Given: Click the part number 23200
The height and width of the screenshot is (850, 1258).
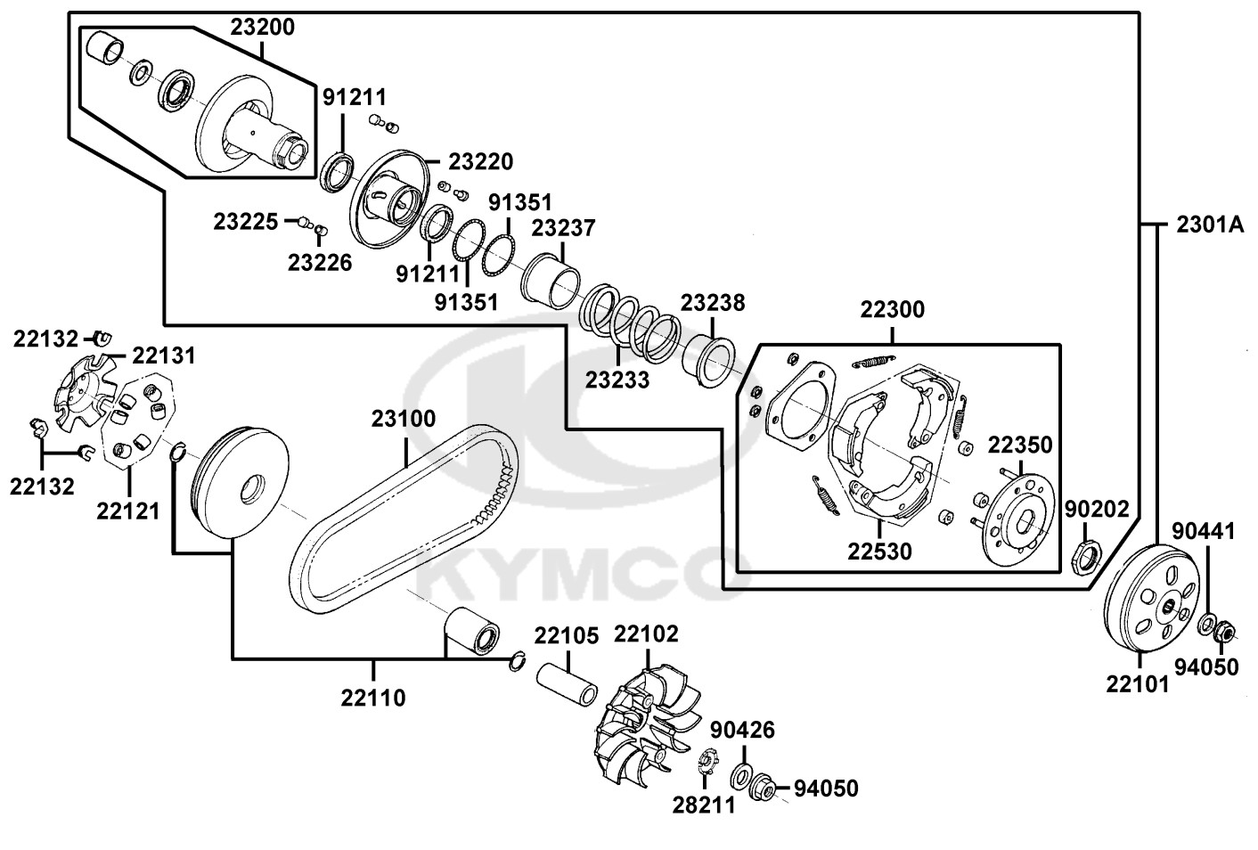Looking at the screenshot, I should coord(263,27).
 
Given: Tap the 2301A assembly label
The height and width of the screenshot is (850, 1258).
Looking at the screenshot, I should coord(1209,225).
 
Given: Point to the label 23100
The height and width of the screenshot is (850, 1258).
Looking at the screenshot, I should coord(404,418).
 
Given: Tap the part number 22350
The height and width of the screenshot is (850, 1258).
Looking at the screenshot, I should coord(1020,445).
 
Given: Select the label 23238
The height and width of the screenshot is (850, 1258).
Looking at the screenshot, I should coord(713,303).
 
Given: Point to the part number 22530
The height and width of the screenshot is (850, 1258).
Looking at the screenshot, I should coord(879,551).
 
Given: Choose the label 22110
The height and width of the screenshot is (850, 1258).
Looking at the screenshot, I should coord(372,698).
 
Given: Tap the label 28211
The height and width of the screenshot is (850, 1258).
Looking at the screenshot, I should coord(704,805).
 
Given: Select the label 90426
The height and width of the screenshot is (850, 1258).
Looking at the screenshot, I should coord(742,731).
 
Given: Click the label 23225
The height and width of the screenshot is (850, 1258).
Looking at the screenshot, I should coord(246,221).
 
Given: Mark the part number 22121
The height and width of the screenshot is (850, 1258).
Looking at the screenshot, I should coord(128,511).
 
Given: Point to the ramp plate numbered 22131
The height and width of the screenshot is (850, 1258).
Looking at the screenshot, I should coord(85,392).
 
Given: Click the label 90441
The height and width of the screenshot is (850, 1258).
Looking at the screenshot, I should coord(1203,531).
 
